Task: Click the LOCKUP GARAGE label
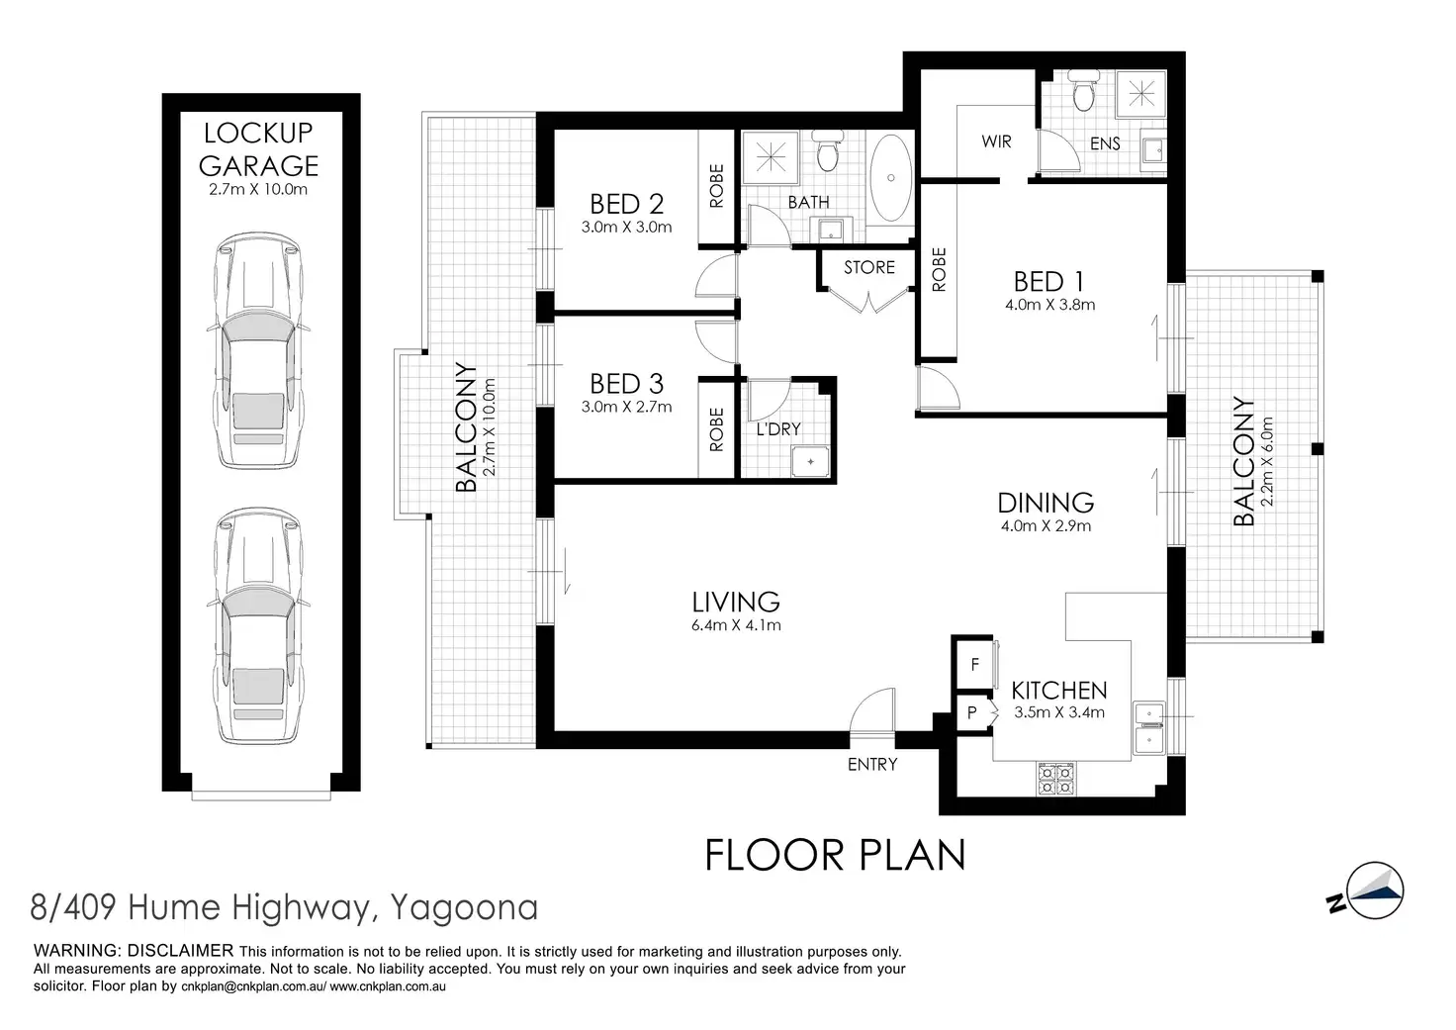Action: [259, 149]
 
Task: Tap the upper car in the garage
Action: [259, 350]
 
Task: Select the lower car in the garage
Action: [259, 626]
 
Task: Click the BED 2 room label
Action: [626, 204]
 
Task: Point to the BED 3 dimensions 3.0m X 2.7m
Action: [626, 407]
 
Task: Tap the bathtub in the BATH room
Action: [890, 178]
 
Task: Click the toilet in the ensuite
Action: [1083, 91]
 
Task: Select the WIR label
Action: [996, 141]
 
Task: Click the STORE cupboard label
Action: [869, 267]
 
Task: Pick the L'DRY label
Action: [778, 429]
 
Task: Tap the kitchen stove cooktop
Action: [1055, 779]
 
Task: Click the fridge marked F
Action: [975, 665]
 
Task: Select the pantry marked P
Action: [973, 712]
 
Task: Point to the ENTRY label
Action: [872, 764]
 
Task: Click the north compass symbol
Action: [1367, 892]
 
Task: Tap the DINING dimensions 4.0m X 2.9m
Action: [1046, 526]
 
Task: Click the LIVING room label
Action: [736, 603]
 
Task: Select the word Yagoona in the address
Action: [464, 908]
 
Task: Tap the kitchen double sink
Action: [1149, 728]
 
